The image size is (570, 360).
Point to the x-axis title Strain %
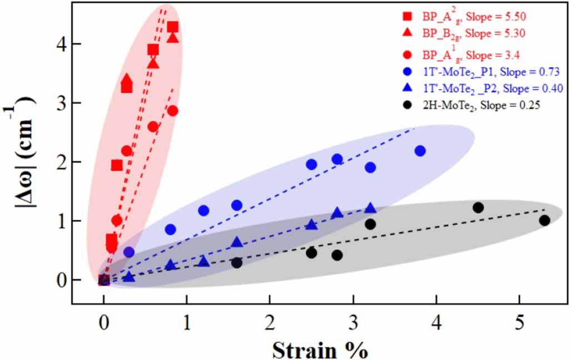(x=320, y=350)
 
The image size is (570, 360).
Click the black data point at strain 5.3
(x=544, y=220)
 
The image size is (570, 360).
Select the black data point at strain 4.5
(x=478, y=208)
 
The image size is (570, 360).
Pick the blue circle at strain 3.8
(x=420, y=151)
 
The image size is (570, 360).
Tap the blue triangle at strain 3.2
(x=370, y=208)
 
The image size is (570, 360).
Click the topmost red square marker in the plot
(x=172, y=27)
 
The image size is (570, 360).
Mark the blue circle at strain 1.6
(x=237, y=205)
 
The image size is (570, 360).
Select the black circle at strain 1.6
(x=237, y=263)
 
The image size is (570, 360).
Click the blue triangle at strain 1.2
(x=204, y=261)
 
